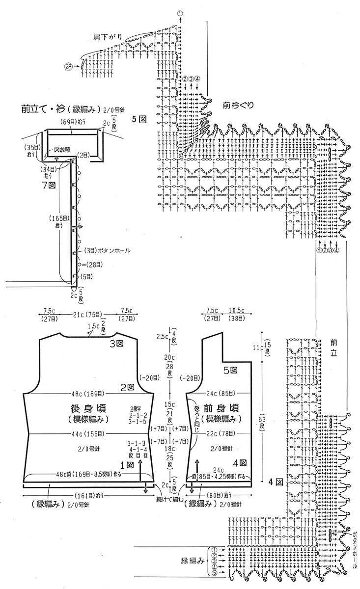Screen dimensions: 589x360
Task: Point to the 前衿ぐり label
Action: [238, 105]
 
